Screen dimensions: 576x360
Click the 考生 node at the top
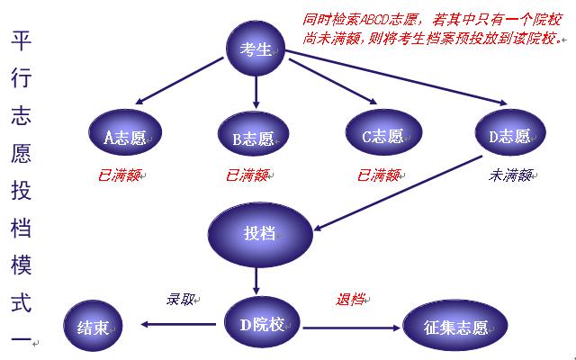click(256, 48)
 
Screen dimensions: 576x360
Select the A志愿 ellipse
click(125, 132)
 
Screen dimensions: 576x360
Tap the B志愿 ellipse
click(254, 134)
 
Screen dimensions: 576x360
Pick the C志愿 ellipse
click(384, 132)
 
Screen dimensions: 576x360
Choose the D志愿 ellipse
click(510, 132)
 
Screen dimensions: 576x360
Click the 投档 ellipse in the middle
click(260, 234)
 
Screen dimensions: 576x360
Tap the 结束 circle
click(93, 326)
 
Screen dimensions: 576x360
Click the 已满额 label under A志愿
click(119, 175)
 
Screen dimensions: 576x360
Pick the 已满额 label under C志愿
click(378, 175)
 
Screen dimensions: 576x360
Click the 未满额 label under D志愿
click(510, 175)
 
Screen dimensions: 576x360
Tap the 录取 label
click(180, 300)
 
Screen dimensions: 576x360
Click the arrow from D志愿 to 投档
click(398, 193)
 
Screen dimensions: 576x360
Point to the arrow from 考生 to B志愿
click(256, 92)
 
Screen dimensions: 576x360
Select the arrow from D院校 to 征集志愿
click(352, 328)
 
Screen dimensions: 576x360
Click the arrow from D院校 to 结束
click(178, 324)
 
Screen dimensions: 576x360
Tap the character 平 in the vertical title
click(21, 40)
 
